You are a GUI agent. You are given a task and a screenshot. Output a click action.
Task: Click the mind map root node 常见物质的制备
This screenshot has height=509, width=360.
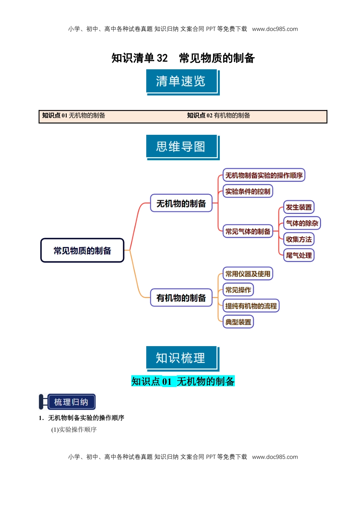82,250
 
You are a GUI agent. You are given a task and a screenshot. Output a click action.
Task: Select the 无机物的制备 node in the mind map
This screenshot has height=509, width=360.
181,203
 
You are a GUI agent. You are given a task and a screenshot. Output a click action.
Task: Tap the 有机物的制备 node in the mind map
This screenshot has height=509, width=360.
181,298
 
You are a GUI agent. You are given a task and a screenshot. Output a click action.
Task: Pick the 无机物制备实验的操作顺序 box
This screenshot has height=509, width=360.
264,175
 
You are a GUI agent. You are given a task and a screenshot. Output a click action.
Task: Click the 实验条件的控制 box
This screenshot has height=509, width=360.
248,191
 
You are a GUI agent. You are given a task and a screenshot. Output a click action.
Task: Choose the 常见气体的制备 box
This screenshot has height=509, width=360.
248,231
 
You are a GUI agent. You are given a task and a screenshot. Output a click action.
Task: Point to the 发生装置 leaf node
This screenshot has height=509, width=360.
299,207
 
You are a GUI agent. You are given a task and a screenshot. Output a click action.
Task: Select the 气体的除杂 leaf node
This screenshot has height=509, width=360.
302,223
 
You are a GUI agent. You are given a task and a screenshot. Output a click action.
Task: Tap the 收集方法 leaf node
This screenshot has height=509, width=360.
299,239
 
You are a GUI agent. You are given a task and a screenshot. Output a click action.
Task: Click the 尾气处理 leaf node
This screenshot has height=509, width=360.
299,255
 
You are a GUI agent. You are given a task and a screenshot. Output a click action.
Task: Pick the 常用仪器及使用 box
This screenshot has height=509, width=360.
248,274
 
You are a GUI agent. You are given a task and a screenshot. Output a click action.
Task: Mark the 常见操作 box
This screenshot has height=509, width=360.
238,290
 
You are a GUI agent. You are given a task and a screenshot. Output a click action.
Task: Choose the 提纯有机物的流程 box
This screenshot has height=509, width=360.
251,306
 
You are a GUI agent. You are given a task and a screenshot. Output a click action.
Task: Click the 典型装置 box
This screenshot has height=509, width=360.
238,322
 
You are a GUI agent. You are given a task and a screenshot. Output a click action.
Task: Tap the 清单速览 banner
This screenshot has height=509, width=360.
181,81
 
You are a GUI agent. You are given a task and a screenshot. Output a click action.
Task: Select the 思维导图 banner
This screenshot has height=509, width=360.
181,147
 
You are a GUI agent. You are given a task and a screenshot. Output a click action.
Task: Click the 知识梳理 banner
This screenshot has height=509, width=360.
181,358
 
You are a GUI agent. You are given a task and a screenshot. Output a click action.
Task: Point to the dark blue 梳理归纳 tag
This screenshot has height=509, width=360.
71,402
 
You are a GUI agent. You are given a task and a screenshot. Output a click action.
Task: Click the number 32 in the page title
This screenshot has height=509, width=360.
162,58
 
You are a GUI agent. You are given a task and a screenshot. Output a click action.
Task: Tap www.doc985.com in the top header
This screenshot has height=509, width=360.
275,29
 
